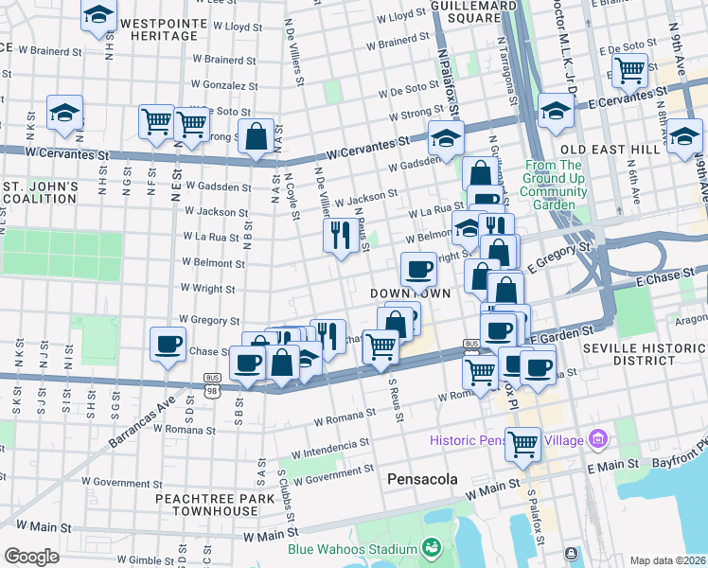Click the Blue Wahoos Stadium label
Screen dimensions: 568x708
click(x=354, y=549)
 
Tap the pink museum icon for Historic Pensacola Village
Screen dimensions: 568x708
click(x=597, y=439)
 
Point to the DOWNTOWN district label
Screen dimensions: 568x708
click(x=409, y=293)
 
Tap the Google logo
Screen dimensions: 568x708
click(x=31, y=556)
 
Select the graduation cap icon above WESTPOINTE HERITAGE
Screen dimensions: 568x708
click(x=98, y=16)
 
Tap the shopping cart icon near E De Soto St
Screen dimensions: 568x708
click(x=629, y=69)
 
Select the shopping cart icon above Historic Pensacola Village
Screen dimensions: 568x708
click(x=522, y=442)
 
